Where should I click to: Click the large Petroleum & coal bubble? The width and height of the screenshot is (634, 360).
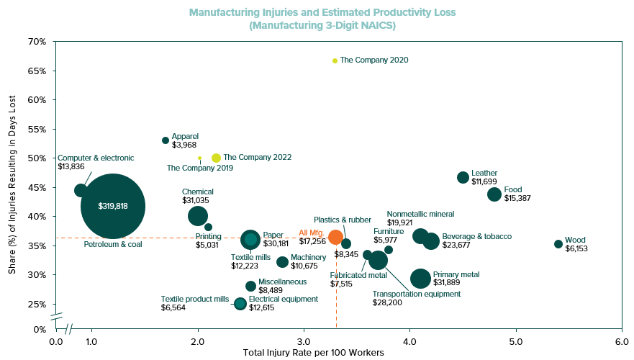112,207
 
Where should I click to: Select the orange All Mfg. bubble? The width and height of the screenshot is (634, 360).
335,237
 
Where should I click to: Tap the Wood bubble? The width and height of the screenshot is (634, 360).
558,244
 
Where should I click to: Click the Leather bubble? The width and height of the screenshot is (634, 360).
463,177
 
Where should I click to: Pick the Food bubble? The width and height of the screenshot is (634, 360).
494,194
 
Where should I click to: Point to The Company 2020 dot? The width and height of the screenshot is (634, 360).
335,60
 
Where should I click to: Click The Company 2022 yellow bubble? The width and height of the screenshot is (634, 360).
216,158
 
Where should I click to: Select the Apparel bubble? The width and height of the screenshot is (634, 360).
166,140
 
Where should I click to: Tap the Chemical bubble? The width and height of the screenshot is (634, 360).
198,215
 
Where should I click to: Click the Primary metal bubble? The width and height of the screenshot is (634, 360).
420,279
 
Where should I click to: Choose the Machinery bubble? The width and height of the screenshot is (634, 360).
283,262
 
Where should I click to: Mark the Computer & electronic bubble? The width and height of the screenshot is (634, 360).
81,190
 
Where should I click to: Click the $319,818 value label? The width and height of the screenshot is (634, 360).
113,207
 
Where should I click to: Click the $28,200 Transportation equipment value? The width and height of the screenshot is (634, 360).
387,303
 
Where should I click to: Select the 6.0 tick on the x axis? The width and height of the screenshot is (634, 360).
621,341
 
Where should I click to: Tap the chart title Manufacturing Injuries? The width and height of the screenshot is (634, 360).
322,12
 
